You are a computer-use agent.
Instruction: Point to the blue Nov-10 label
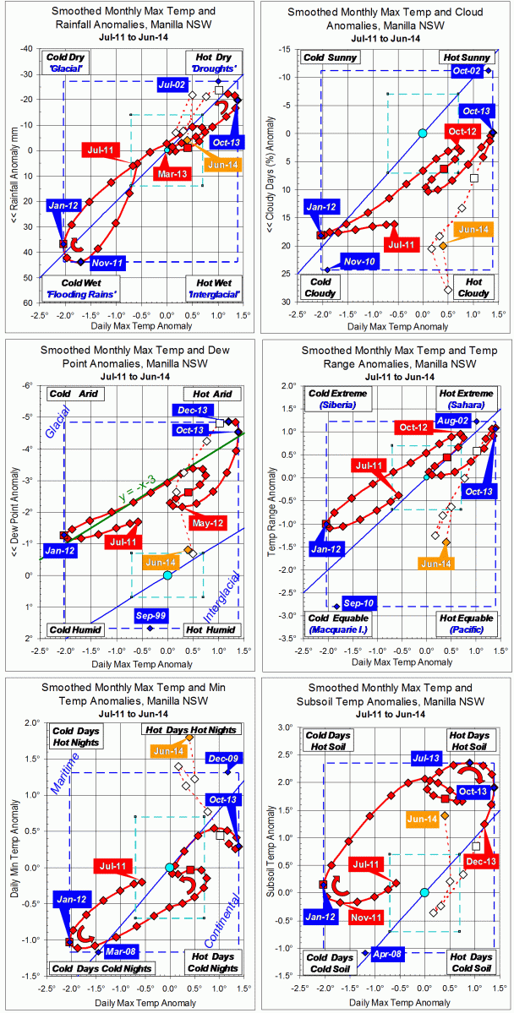tap(360, 262)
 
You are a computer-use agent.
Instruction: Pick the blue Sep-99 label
tap(150, 616)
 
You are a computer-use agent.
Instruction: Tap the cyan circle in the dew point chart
tap(167, 575)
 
